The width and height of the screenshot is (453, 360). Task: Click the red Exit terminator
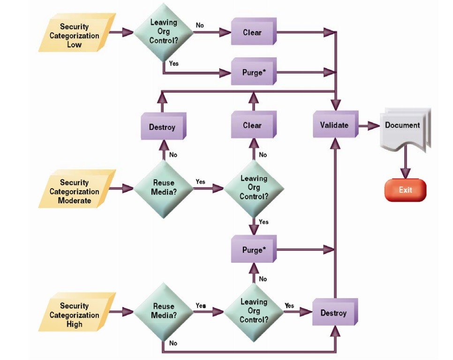[x=405, y=190]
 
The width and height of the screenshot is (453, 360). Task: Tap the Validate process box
[x=336, y=124]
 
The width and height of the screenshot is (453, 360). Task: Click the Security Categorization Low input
[x=77, y=33]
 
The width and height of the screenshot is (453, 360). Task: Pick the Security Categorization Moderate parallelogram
[x=77, y=189]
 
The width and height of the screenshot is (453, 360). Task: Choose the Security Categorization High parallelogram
[x=77, y=312]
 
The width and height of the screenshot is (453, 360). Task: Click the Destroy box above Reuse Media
[x=164, y=126]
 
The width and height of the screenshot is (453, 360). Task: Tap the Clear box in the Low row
[x=254, y=31]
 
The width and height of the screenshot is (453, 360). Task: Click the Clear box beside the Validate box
[x=254, y=124]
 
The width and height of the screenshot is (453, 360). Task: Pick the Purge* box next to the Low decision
[x=254, y=71]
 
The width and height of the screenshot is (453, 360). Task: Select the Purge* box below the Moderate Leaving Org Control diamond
[x=254, y=249]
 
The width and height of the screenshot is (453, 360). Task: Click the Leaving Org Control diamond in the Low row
[x=164, y=32]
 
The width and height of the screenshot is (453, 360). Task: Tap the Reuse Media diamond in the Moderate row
[x=164, y=189]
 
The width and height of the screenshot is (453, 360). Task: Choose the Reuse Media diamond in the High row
[x=164, y=312]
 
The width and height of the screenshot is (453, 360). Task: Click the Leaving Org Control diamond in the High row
[x=254, y=312]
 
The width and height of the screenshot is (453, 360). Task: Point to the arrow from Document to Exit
[x=405, y=162]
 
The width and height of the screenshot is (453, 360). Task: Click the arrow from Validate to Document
[x=369, y=126]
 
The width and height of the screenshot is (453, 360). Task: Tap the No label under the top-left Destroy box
[x=173, y=155]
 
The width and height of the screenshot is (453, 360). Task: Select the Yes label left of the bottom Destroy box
[x=289, y=306]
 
